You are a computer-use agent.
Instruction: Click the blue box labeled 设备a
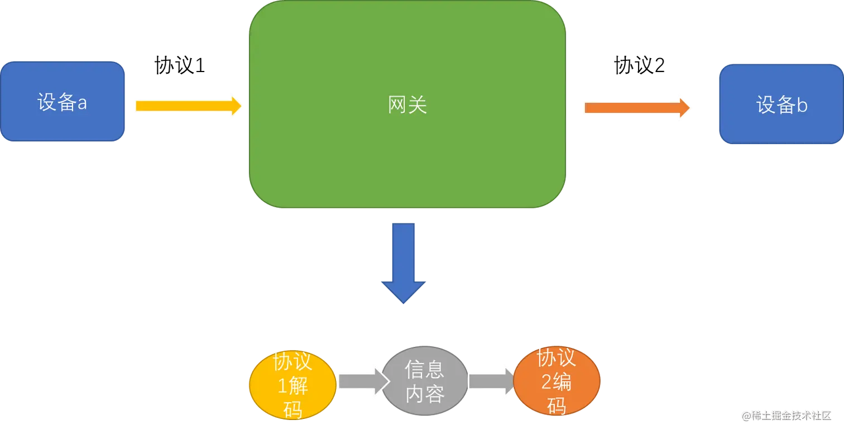(x=63, y=102)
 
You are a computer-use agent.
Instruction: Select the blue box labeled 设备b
(x=780, y=105)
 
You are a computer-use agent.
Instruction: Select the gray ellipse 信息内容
(x=425, y=381)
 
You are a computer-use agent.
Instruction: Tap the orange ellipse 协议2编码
(x=557, y=381)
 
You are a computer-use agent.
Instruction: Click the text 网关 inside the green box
(x=407, y=105)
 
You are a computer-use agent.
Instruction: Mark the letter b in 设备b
(x=802, y=105)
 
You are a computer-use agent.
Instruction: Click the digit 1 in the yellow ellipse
(x=282, y=386)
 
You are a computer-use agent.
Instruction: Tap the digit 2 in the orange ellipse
(x=546, y=383)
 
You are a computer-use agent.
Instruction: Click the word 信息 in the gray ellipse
(x=425, y=370)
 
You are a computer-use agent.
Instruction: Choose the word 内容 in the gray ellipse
(x=425, y=394)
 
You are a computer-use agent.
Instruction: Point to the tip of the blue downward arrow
(x=404, y=304)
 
